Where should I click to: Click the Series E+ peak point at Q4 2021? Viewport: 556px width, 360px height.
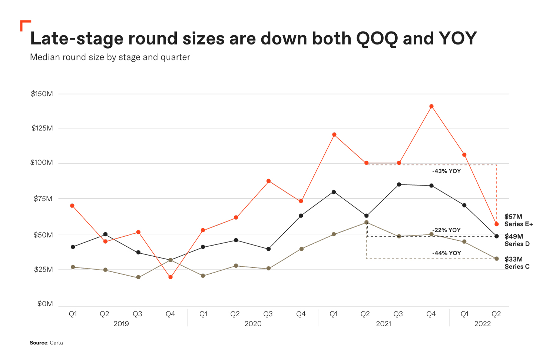431,106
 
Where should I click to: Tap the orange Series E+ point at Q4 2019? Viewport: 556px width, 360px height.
171,277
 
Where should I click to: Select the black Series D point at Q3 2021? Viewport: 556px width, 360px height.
399,184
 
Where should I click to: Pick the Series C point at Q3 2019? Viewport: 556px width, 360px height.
138,277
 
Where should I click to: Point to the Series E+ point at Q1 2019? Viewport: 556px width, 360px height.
72,206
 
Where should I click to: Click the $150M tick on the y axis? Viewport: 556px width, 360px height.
42,94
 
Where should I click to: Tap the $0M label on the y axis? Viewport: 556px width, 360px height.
45,304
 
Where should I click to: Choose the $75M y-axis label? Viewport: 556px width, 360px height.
43,199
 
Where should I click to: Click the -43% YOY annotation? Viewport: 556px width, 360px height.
446,171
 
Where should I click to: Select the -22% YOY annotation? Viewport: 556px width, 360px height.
446,230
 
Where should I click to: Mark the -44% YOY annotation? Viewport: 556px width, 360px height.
446,253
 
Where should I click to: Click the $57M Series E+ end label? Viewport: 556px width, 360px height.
518,220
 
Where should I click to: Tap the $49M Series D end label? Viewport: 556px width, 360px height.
517,240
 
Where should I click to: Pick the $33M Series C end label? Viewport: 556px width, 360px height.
517,263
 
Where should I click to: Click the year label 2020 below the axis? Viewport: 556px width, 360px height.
253,324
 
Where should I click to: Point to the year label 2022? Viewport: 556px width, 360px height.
482,324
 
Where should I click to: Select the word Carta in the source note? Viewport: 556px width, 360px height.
56,343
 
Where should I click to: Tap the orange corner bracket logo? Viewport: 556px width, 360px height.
25,26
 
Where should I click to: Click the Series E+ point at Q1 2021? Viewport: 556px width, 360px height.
334,134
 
